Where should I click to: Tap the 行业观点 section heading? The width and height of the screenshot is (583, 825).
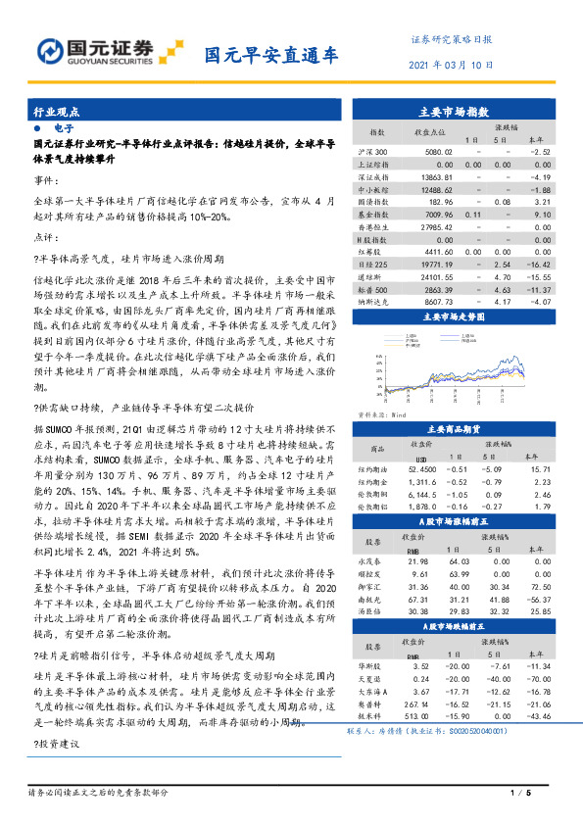56,113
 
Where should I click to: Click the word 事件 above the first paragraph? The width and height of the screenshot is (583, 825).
45,180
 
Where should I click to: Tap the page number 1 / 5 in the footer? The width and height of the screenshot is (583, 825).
519,792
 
